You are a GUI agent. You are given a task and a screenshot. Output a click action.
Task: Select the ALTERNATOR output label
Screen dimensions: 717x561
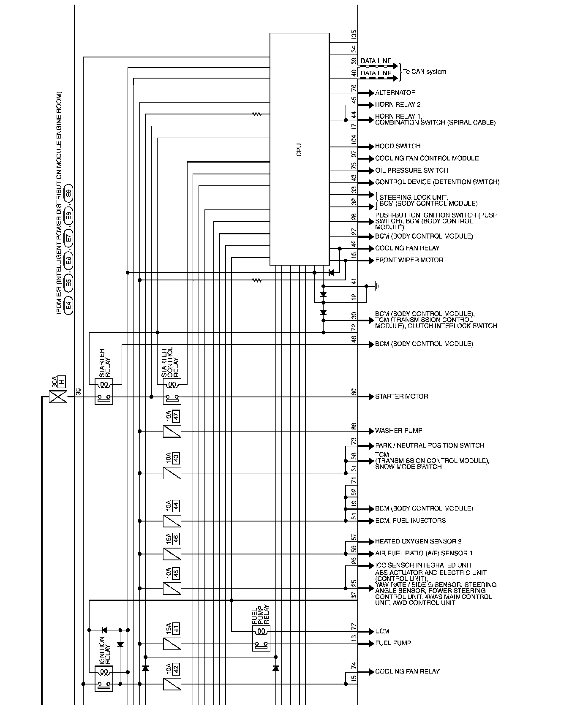point(395,93)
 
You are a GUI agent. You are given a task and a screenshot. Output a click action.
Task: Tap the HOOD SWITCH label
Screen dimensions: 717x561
point(398,147)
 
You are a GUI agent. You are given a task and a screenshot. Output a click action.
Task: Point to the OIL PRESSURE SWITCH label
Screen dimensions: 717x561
point(411,171)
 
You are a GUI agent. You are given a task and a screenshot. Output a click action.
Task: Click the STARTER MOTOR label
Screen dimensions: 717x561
point(401,397)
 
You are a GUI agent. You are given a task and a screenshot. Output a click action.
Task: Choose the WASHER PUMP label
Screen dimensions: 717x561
point(398,431)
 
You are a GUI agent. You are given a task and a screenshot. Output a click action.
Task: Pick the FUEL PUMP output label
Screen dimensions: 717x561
point(393,643)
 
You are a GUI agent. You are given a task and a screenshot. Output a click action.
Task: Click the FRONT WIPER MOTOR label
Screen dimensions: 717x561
point(409,260)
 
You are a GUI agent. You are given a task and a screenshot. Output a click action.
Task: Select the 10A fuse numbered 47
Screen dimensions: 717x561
point(172,431)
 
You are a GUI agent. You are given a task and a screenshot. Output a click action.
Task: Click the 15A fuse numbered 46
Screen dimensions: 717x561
point(172,554)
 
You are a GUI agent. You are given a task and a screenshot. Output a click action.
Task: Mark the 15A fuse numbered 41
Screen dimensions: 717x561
point(172,644)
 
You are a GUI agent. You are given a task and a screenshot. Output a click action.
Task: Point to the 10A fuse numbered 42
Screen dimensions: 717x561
point(172,684)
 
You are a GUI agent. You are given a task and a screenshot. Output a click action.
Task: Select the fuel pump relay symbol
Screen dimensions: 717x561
point(261,638)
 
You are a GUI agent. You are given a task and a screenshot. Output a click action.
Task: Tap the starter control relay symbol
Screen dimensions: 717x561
point(172,391)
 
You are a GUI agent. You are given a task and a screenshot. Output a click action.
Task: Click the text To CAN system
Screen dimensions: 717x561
point(424,72)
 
